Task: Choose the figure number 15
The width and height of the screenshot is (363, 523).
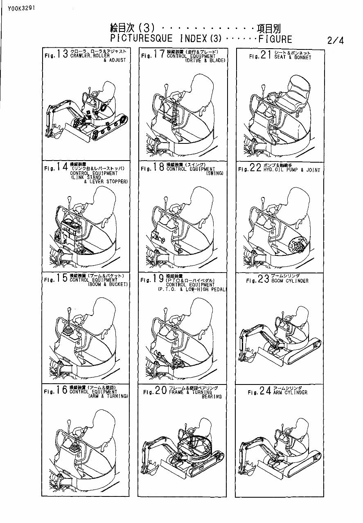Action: pyautogui.click(x=63, y=279)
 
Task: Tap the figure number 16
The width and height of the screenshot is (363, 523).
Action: pyautogui.click(x=63, y=391)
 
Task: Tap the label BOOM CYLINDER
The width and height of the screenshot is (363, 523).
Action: pyautogui.click(x=290, y=281)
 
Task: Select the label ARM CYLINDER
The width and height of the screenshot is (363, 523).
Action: pyautogui.click(x=290, y=393)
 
